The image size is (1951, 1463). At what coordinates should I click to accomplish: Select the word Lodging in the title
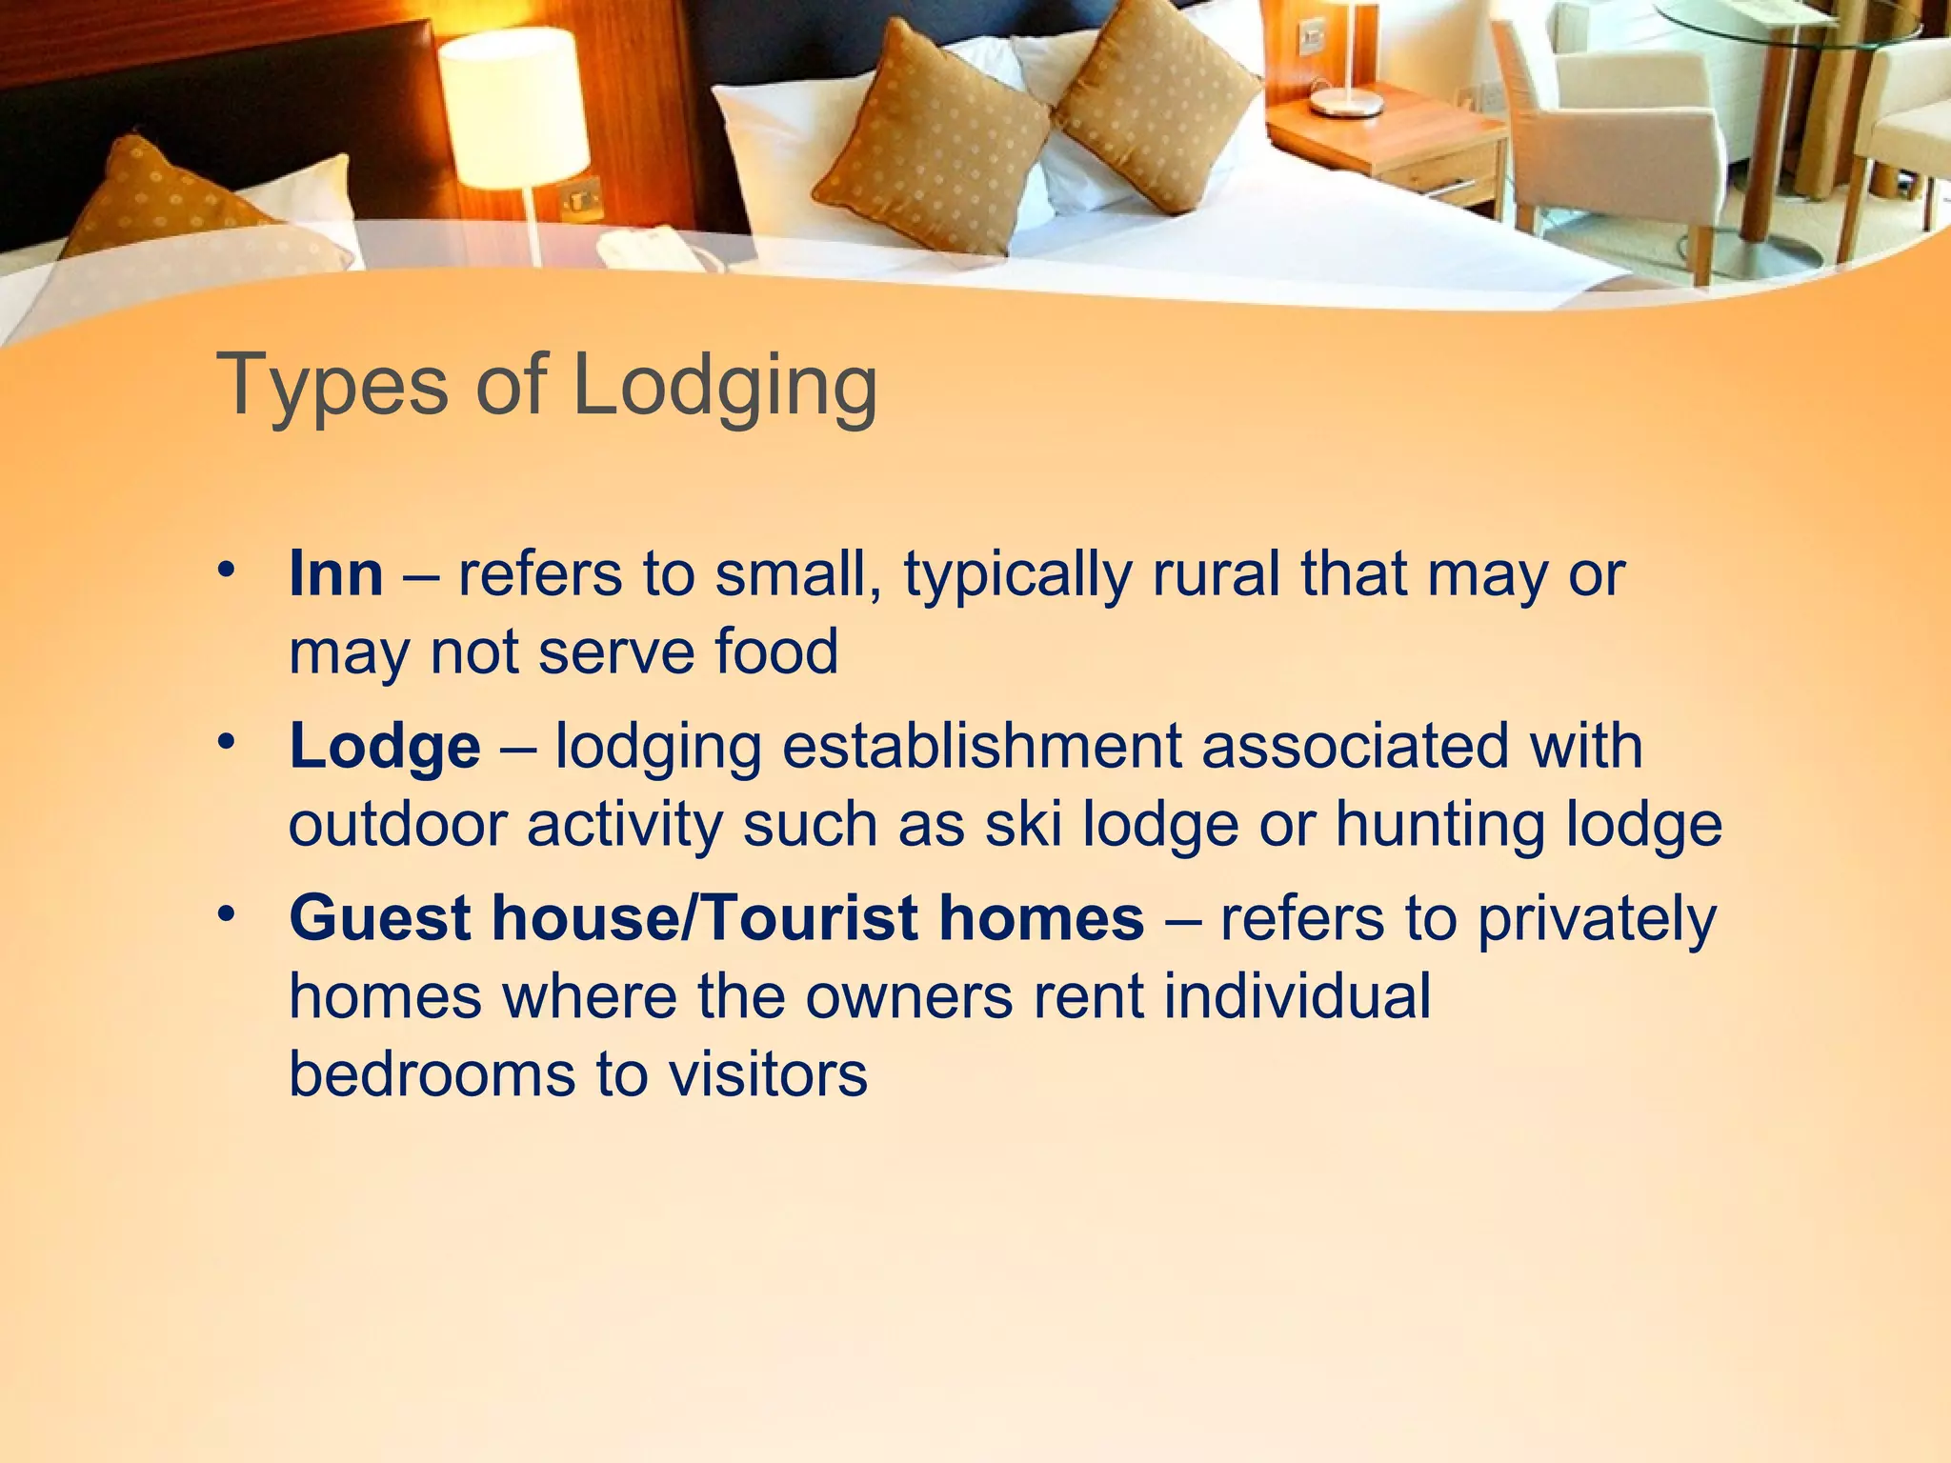[725, 388]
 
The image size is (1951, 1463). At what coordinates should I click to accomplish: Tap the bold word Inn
[336, 574]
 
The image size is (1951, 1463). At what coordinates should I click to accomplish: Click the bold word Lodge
[385, 746]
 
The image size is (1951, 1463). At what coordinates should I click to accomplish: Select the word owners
[909, 996]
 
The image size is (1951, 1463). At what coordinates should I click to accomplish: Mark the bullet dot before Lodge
[225, 741]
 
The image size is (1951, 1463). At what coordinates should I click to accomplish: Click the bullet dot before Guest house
[225, 913]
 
